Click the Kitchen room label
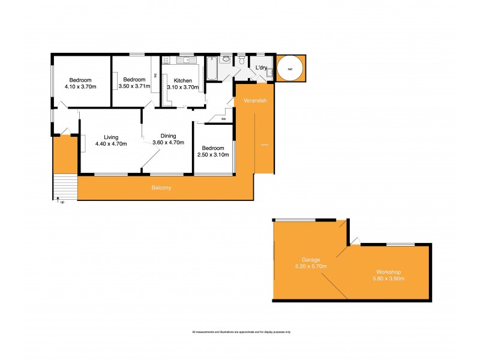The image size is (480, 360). pyautogui.click(x=183, y=80)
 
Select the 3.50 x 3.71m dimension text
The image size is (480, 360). pyautogui.click(x=134, y=87)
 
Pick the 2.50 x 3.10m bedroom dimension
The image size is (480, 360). pyautogui.click(x=213, y=155)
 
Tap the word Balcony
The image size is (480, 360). pyautogui.click(x=161, y=188)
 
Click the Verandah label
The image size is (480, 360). pyautogui.click(x=254, y=101)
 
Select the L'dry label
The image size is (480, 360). pyautogui.click(x=261, y=68)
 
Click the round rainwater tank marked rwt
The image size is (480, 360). pyautogui.click(x=290, y=69)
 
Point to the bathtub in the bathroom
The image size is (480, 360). pyautogui.click(x=212, y=68)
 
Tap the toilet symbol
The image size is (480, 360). pyautogui.click(x=241, y=60)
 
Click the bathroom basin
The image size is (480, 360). pyautogui.click(x=226, y=59)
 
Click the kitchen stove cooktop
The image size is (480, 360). pyautogui.click(x=166, y=59)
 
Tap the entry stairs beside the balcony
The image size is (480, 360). pyautogui.click(x=65, y=186)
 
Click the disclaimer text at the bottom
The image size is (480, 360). pyautogui.click(x=241, y=332)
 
